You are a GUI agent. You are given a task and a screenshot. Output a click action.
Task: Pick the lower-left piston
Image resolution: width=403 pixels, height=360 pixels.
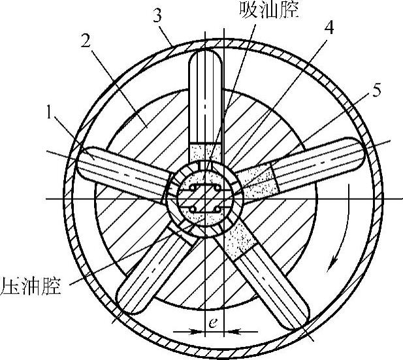pyautogui.click(x=150, y=274)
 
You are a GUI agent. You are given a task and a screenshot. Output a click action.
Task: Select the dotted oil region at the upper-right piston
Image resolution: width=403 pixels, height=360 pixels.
pyautogui.click(x=259, y=181)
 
